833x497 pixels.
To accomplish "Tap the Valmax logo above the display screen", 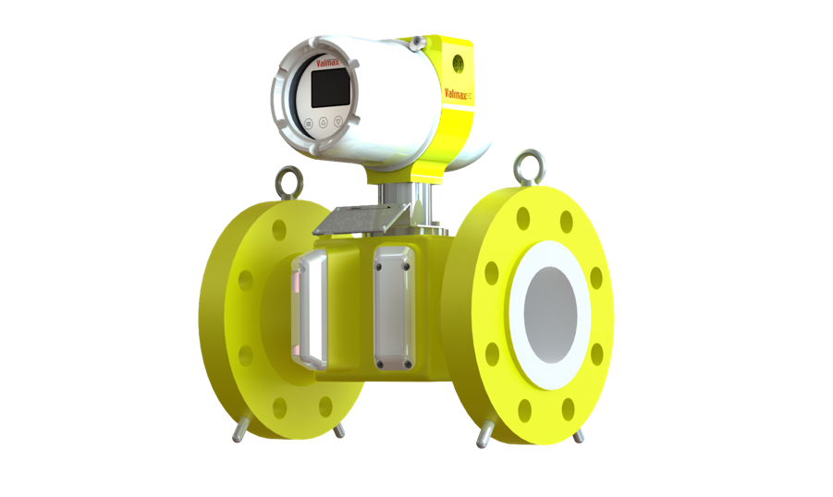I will tap(327, 63).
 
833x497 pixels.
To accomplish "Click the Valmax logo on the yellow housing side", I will tap(458, 93).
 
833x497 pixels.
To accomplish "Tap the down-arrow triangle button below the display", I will tap(339, 120).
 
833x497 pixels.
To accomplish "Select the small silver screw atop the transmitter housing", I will tap(415, 42).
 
